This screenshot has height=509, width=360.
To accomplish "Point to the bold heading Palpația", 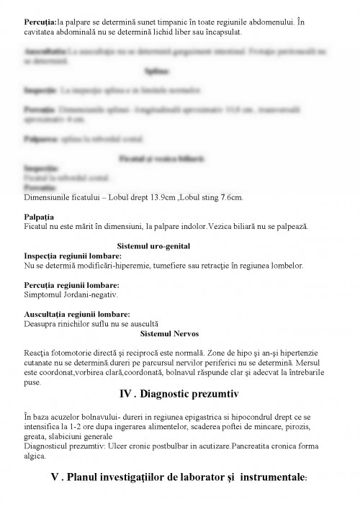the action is [40, 217].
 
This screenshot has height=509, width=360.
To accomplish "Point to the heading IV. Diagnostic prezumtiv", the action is [179, 395].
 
